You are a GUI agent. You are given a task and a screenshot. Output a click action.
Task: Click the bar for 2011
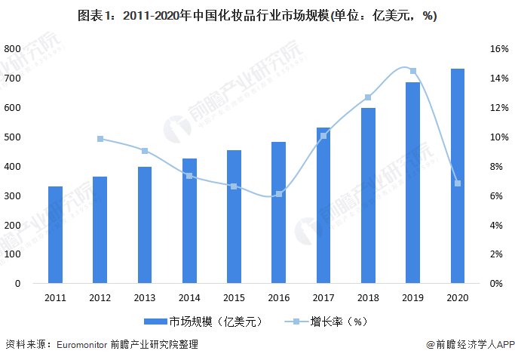(55, 235)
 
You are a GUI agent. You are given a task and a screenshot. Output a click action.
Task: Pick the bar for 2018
(368, 195)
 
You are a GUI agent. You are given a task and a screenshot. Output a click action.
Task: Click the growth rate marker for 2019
(413, 71)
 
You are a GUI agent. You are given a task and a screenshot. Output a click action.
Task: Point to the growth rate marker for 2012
(100, 139)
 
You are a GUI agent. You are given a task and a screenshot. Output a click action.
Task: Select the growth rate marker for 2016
(278, 194)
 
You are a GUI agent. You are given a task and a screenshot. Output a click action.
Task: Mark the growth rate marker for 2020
(458, 183)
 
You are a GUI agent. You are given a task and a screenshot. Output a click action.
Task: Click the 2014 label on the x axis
(189, 297)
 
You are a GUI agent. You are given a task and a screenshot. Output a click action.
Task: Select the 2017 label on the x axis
(323, 297)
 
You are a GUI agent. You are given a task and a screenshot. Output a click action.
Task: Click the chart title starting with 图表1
(257, 16)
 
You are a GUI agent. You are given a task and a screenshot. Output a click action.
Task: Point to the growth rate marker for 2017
(323, 136)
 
